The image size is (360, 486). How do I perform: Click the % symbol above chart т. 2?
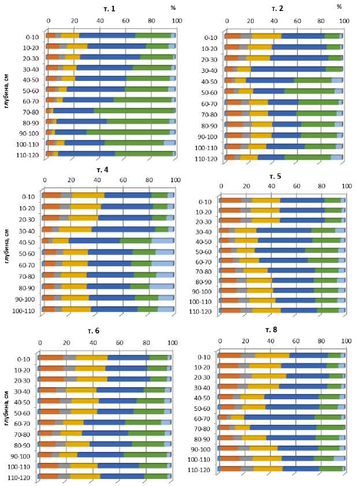click(340, 6)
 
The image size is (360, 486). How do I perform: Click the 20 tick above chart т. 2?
click(250, 22)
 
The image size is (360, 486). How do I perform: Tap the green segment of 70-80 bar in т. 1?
click(134, 111)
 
